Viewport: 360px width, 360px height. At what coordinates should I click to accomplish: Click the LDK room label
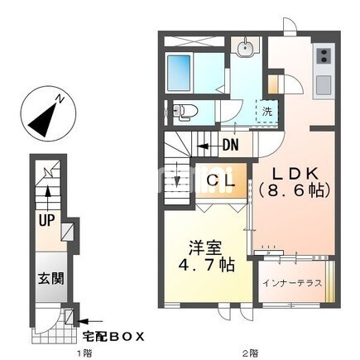[x=295, y=174]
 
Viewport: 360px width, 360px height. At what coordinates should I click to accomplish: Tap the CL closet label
[x=221, y=181]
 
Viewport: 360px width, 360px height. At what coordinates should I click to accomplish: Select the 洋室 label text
[x=205, y=247]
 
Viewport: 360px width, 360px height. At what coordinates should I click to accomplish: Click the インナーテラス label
[x=292, y=283]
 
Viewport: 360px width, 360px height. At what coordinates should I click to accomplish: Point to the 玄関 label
[x=51, y=278]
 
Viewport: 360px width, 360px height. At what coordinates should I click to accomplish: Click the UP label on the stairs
[x=46, y=220]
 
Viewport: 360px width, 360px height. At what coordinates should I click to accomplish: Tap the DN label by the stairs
[x=230, y=145]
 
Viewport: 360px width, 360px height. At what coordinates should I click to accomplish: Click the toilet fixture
[x=185, y=112]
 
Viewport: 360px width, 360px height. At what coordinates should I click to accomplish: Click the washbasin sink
[x=245, y=47]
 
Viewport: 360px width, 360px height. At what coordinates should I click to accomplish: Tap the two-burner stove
[x=324, y=55]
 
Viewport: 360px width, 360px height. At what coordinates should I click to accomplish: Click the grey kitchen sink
[x=324, y=84]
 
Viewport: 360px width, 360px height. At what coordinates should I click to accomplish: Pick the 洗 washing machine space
[x=267, y=112]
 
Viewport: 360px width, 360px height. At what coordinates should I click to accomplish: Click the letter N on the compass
[x=60, y=99]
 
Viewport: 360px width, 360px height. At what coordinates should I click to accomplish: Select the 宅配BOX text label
[x=113, y=336]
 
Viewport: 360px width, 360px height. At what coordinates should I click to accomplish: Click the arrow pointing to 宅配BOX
[x=89, y=321]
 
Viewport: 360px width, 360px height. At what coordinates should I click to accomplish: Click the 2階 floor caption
[x=251, y=353]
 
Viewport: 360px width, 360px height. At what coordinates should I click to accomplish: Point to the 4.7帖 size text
[x=207, y=265]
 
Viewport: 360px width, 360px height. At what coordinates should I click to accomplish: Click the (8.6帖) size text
[x=295, y=190]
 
